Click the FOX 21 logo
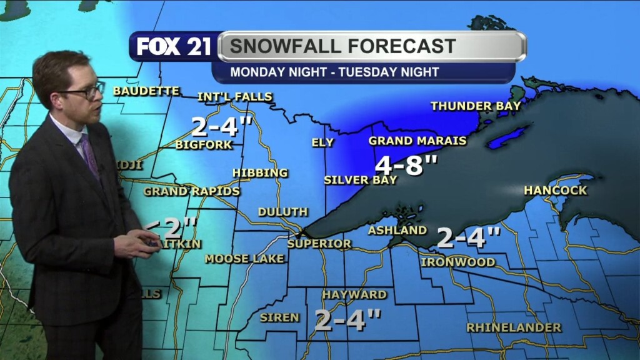(x=174, y=47)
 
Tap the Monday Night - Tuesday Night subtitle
(x=334, y=72)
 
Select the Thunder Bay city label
(x=476, y=106)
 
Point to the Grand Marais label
(x=417, y=141)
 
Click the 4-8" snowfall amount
(x=406, y=166)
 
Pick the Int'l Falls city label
(x=235, y=97)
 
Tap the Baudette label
(x=146, y=91)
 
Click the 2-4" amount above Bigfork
(x=221, y=126)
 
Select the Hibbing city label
(x=260, y=172)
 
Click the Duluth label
(x=282, y=212)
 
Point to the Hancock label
(x=556, y=190)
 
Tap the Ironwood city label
(x=458, y=262)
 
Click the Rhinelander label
(x=514, y=327)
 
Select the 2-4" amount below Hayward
(x=347, y=320)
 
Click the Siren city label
(x=279, y=317)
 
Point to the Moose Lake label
(x=245, y=259)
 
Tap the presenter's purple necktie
(x=89, y=156)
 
